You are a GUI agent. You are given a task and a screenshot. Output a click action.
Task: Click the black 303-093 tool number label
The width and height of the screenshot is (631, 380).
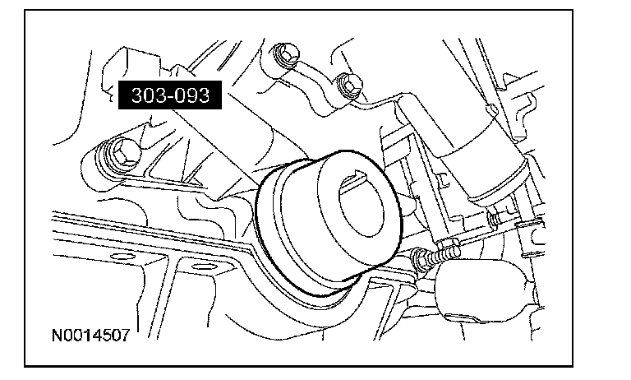point(170,95)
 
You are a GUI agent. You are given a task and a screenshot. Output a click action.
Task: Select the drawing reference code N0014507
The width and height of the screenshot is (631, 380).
point(91,335)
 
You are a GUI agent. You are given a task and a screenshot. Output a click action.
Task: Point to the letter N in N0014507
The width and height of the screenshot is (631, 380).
point(58,335)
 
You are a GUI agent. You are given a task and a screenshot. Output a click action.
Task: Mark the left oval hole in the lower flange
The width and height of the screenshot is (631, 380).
point(122,257)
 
